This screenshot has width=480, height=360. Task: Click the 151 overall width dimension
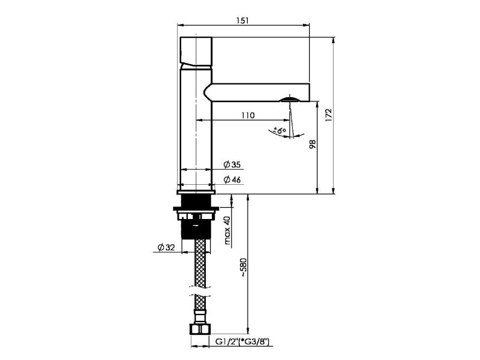243,20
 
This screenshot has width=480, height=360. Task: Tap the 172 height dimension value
328,115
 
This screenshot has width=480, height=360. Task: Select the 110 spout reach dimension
248,115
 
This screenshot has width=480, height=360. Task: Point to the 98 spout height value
313,144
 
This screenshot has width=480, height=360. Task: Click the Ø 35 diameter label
232,164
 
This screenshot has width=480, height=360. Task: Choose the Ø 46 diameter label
232,179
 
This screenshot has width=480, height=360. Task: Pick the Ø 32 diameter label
166,247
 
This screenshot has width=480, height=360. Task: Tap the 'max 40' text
227,230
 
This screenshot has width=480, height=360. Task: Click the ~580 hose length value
243,268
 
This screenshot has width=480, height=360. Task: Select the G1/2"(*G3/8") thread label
243,341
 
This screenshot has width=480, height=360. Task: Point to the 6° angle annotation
280,130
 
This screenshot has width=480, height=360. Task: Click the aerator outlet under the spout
290,99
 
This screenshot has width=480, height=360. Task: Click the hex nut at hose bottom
200,328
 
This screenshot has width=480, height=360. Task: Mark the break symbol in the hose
200,292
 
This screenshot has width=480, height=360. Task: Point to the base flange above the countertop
196,192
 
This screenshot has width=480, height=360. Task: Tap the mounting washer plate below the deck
196,209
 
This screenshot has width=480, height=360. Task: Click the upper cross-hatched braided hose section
200,263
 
